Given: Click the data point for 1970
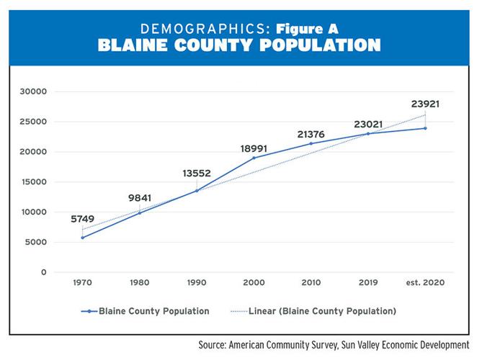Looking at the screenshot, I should pyautogui.click(x=83, y=238).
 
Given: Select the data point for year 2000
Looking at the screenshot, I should pyautogui.click(x=254, y=158).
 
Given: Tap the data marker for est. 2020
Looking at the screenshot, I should pyautogui.click(x=425, y=128).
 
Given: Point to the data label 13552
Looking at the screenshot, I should pyautogui.click(x=197, y=174).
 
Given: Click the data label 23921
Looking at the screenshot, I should pyautogui.click(x=425, y=104).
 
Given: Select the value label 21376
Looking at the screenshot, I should pyautogui.click(x=311, y=134).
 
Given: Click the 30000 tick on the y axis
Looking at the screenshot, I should pyautogui.click(x=34, y=91).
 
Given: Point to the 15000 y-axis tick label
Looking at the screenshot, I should pyautogui.click(x=34, y=182).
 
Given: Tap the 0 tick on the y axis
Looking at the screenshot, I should pyautogui.click(x=44, y=272).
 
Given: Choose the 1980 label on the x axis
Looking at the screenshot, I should pyautogui.click(x=140, y=283).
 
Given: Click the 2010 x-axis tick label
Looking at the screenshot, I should pyautogui.click(x=311, y=283).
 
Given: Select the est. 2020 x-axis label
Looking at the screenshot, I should pyautogui.click(x=425, y=283).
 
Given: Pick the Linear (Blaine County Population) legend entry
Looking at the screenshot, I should pyautogui.click(x=322, y=312).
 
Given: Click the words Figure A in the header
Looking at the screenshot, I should pyautogui.click(x=306, y=30).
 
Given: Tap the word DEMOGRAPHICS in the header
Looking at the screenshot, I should pyautogui.click(x=202, y=30).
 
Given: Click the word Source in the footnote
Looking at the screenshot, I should pyautogui.click(x=214, y=346).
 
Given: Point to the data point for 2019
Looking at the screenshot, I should pyautogui.click(x=368, y=133).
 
